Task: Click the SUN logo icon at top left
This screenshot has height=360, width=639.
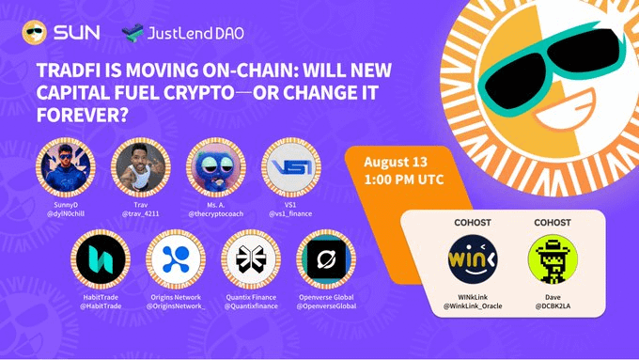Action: point(34,32)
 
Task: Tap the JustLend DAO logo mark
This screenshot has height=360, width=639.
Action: point(132,33)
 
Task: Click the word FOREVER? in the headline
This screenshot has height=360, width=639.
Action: point(83,115)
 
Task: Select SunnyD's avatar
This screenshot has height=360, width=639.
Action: point(66,167)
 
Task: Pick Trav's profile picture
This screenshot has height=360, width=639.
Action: point(141,167)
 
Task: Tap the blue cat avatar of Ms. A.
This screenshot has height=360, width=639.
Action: point(216,167)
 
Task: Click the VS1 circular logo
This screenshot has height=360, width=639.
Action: point(291,167)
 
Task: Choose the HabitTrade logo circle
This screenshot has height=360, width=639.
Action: point(101,259)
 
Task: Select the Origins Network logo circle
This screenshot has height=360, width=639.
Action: point(176,259)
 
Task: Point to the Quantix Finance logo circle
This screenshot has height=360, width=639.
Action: point(251,259)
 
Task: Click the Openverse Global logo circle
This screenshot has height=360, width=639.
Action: point(326,259)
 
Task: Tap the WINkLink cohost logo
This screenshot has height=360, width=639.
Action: point(473,259)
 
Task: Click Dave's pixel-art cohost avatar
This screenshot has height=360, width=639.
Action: point(553,259)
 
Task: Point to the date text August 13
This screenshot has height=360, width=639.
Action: point(396,162)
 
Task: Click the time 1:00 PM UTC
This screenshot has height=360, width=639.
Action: point(404,180)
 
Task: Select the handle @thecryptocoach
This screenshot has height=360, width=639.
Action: point(216,213)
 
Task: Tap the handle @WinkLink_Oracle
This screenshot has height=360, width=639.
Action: point(473,305)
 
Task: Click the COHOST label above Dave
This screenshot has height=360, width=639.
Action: point(553,223)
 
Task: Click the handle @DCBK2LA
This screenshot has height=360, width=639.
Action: point(553,305)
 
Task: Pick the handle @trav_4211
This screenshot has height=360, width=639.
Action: point(141,213)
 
